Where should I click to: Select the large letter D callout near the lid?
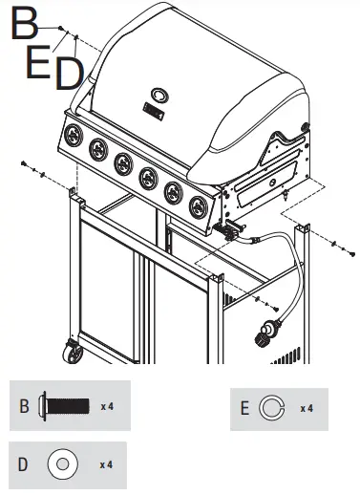pos(68,74)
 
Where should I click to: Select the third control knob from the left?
pos(122,163)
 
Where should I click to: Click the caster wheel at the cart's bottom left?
pos(73,355)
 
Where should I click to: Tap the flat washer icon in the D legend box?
pos(62,464)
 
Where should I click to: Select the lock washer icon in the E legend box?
pos(274,409)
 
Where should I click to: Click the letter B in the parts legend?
pos(24,406)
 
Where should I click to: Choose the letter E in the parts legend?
pos(245,409)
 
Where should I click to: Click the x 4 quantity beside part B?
pos(107,406)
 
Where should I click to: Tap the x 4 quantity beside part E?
pos(307,409)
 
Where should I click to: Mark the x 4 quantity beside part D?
pos(107,464)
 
